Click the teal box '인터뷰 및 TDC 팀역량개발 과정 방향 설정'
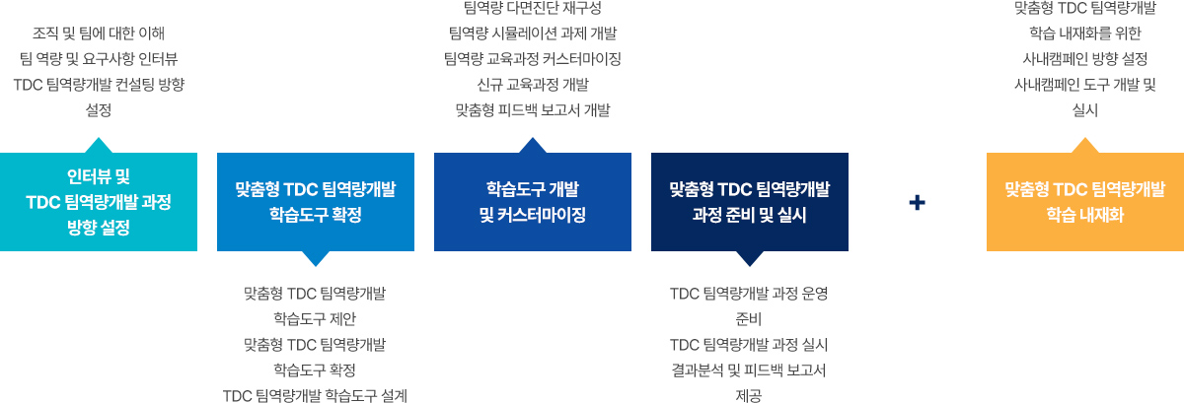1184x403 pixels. coord(99,202)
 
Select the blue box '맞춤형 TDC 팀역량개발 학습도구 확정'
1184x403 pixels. coord(316,202)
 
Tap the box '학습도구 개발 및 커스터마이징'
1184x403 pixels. coord(533,202)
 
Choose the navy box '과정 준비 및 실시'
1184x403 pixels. coord(750,202)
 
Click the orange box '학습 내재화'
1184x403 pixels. coord(1085,202)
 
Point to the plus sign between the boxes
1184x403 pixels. coord(918,202)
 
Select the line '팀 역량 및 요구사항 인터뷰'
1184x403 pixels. coord(99,59)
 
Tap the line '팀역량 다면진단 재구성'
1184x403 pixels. coord(532,9)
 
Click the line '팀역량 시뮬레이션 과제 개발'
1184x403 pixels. coord(532,34)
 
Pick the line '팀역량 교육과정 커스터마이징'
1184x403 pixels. coord(532,59)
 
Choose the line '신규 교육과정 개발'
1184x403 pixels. coord(532,85)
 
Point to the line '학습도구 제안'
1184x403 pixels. coord(315,318)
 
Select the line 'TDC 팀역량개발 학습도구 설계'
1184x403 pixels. coord(315,395)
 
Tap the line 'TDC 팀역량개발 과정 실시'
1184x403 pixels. coord(749,344)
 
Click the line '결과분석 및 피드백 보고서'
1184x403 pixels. coord(749,369)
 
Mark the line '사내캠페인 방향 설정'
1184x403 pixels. coord(1085,59)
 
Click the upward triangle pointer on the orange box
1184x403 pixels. coord(1085,146)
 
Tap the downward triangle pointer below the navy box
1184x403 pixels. coord(750,258)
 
